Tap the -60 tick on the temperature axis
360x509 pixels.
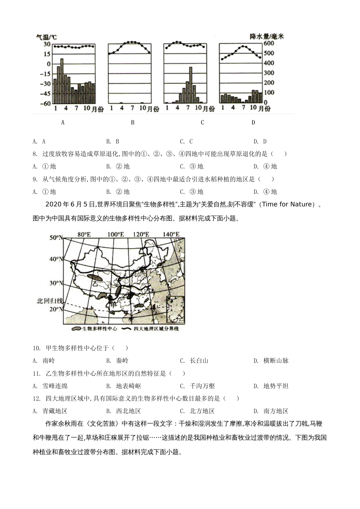pos(47,103)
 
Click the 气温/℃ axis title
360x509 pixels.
pos(46,37)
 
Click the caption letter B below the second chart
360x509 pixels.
pos(133,122)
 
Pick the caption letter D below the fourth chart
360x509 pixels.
pos(253,122)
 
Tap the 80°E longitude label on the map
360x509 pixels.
pos(84,234)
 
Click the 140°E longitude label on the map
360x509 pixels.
pos(171,234)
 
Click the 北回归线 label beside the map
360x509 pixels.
pos(49,301)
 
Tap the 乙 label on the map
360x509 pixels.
pos(90,283)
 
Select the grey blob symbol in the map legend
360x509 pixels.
pos(76,329)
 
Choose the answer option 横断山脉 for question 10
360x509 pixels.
pos(276,361)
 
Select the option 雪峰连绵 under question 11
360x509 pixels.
pos(55,386)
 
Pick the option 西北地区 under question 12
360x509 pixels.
pos(128,411)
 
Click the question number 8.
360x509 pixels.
pos(35,154)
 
